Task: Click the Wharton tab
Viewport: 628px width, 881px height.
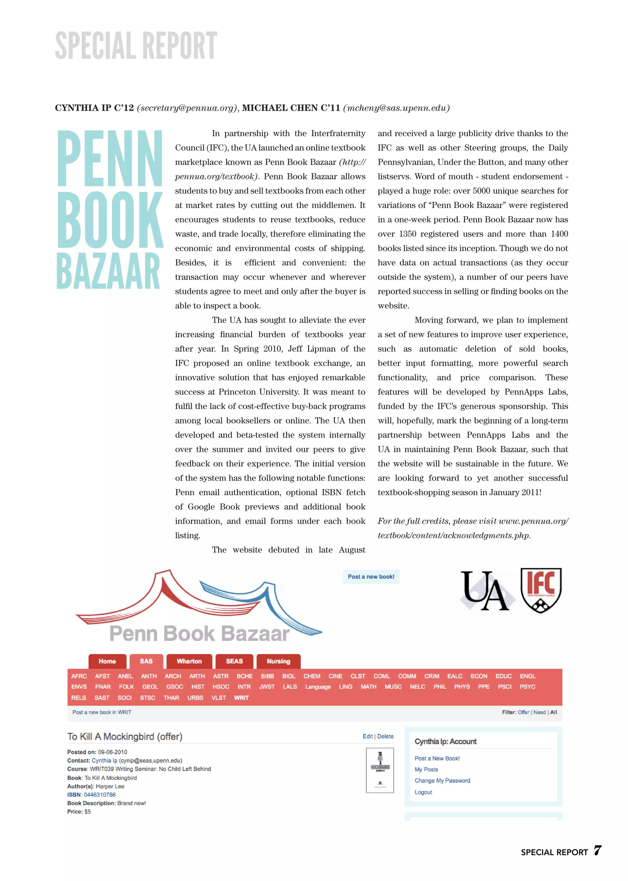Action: tap(189, 661)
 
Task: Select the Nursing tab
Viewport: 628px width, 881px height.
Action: tap(278, 661)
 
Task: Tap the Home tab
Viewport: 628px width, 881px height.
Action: tap(107, 661)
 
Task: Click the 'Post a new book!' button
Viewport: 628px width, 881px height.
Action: tap(371, 576)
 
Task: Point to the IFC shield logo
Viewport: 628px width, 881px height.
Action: tap(541, 590)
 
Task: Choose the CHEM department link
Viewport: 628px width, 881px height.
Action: tap(312, 676)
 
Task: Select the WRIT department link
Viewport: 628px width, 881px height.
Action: tap(241, 698)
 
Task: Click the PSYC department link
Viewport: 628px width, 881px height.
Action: tap(527, 687)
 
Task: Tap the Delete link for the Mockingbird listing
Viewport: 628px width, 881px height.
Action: tap(385, 736)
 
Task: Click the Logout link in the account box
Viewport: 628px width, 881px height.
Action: tap(423, 792)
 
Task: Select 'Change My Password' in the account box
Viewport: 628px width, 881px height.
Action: tap(442, 780)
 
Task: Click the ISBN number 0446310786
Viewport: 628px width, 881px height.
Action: tap(100, 795)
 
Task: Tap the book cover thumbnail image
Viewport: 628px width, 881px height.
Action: tap(380, 770)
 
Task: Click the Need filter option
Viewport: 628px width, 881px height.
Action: tap(539, 712)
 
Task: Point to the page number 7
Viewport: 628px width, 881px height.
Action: tap(597, 850)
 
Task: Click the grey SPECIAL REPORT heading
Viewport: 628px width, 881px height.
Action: tap(136, 46)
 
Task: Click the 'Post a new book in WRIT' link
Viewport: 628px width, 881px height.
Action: tap(102, 712)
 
